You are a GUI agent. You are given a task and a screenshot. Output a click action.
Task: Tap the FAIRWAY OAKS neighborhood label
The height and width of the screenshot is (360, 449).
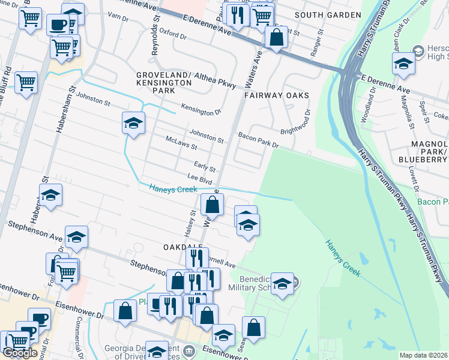pyautogui.click(x=277, y=95)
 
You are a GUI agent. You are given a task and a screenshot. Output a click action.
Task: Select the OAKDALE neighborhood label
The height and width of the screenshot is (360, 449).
pyautogui.click(x=181, y=247)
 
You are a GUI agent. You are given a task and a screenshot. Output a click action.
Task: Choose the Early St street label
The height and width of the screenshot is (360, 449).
pyautogui.click(x=204, y=165)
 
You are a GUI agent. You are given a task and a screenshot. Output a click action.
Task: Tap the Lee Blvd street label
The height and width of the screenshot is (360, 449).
pyautogui.click(x=200, y=178)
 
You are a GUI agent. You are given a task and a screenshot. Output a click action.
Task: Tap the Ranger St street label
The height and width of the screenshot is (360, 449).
pyautogui.click(x=315, y=39)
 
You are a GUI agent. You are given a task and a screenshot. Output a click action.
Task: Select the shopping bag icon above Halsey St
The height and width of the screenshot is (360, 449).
pyautogui.click(x=212, y=205)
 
